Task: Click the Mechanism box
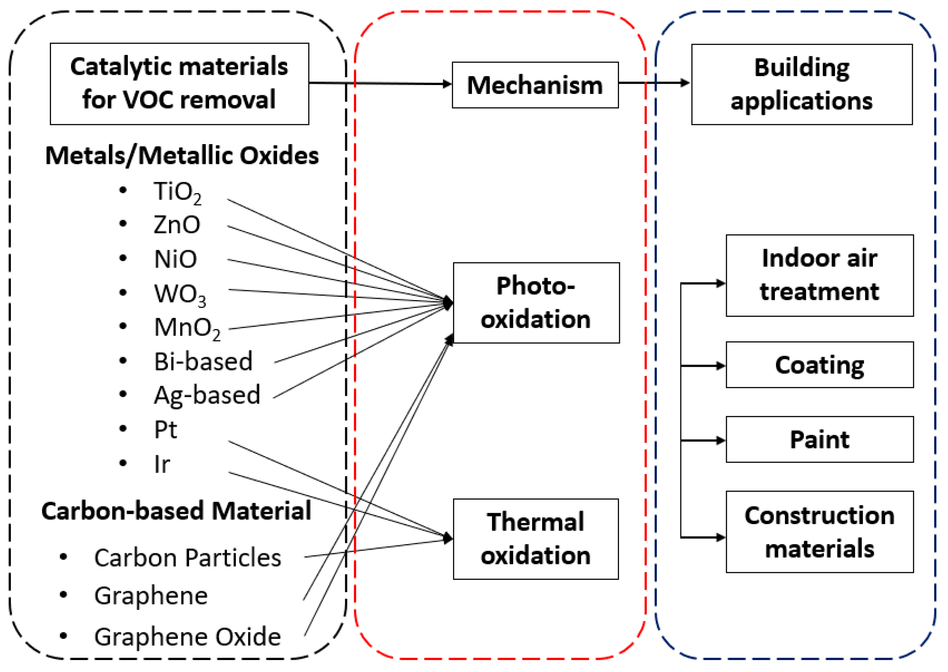[535, 85]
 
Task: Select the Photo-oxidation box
[536, 303]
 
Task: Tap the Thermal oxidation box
[536, 539]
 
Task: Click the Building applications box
[802, 84]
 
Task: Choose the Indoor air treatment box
[819, 275]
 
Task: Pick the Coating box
[819, 365]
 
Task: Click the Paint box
[819, 439]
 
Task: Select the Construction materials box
[819, 532]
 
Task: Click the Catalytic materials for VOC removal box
[179, 84]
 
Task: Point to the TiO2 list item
[177, 192]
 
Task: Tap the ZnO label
[176, 225]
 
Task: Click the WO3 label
[180, 295]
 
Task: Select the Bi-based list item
[203, 361]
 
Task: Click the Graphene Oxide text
[187, 636]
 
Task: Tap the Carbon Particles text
[187, 557]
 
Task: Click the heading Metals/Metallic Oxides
[182, 156]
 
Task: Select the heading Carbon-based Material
[176, 511]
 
